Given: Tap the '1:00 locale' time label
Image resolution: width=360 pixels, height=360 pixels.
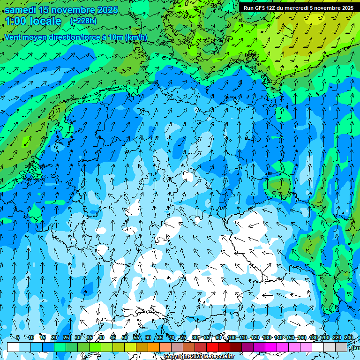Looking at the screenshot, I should coord(33,21).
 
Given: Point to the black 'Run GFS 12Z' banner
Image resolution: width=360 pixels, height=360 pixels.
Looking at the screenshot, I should coord(299,7).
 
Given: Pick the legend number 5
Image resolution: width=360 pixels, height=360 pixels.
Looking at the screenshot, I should coord(18,338).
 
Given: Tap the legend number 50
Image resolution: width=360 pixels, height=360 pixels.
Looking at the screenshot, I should coord(125,338).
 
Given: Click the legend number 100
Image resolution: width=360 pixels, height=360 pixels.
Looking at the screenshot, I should coord(232,338).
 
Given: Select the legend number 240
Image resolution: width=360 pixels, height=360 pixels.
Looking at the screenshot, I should coord(349,338).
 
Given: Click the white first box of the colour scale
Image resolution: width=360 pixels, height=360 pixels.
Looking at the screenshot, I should coord(13,347).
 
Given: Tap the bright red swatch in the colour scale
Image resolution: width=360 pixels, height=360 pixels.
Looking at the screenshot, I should coord(212,347).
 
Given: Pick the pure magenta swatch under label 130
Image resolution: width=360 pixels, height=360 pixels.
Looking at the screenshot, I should coord(271,347).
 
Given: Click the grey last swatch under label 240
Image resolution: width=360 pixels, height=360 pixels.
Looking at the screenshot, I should coord(341,347).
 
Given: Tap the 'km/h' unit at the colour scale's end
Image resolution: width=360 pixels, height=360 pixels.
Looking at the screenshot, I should coord(356,348).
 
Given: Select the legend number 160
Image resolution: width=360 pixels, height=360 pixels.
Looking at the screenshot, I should coord(301,338).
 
